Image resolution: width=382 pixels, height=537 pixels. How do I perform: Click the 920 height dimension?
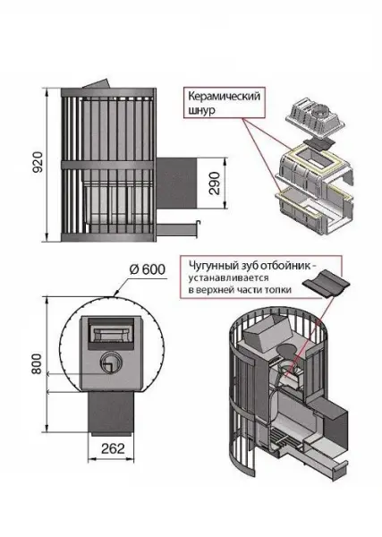tap(35, 165)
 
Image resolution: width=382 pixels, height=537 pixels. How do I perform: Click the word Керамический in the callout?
tap(224, 95)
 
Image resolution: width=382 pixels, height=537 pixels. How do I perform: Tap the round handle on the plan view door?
tap(108, 362)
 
